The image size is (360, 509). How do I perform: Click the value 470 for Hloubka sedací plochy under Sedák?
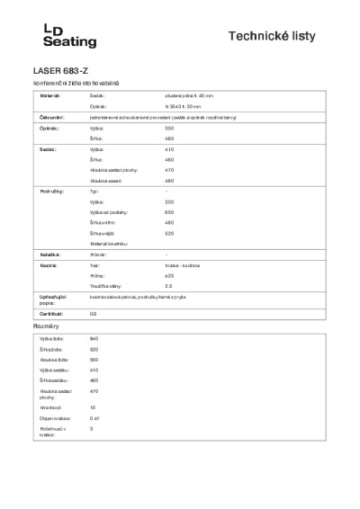tap(169, 170)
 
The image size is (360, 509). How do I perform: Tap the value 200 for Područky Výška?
tap(169, 202)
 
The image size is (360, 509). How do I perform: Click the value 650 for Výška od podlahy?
tap(169, 212)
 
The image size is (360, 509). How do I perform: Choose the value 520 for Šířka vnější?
tap(169, 234)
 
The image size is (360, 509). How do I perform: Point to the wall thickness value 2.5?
tap(168, 286)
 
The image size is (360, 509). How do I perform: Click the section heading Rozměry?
tap(45, 326)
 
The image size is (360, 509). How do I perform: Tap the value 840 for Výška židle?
tap(94, 338)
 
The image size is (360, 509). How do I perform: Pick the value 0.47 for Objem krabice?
tap(94, 418)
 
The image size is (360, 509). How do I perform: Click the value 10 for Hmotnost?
tap(93, 407)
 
